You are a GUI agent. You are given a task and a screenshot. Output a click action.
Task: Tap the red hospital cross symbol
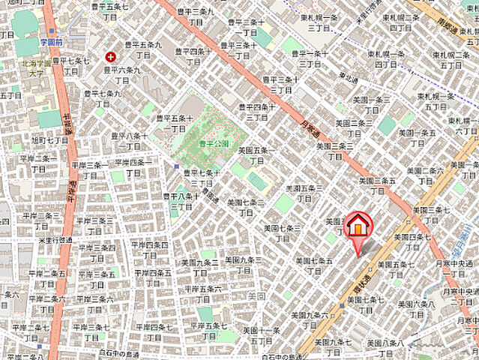click(111, 56)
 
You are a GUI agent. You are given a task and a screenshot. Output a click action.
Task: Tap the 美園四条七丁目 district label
click(406, 241)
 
